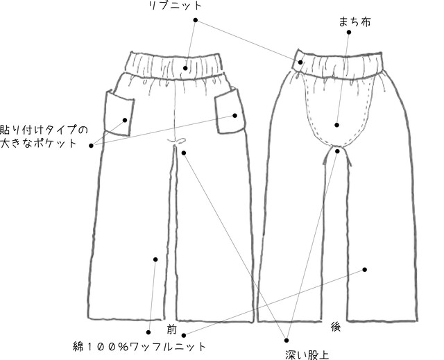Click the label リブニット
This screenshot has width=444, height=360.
coord(175,6)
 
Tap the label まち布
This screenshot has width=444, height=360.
coord(355,22)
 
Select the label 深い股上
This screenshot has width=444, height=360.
coord(307,355)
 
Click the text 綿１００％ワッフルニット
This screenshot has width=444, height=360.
coord(139,346)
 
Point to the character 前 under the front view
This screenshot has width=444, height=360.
coord(171,329)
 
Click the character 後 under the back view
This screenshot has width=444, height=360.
coord(336,327)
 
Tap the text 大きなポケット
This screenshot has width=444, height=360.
coord(39,143)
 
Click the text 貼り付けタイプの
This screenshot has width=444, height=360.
coord(44,130)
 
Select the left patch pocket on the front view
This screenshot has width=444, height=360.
coord(119,112)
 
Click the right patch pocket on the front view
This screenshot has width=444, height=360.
coord(230,111)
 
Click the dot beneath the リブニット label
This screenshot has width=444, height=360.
coord(196,20)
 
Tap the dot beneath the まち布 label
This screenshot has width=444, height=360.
coord(349,33)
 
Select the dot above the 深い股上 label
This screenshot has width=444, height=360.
coord(287,340)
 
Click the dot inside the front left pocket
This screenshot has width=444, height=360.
coord(125,120)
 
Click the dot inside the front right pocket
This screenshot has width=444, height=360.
coord(234,115)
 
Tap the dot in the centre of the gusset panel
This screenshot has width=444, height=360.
coord(336,125)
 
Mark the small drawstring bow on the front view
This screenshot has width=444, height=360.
coord(176,141)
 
